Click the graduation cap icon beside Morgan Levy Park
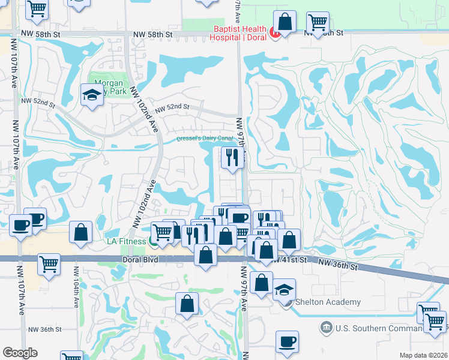pyautogui.click(x=91, y=95)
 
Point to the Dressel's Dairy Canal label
pyautogui.click(x=205, y=139)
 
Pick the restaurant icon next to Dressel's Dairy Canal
pyautogui.click(x=232, y=158)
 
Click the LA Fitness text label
pyautogui.click(x=127, y=241)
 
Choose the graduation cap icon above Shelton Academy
pyautogui.click(x=284, y=290)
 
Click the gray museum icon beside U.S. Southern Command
pyautogui.click(x=326, y=328)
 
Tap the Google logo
pyautogui.click(x=20, y=353)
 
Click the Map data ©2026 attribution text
pyautogui.click(x=424, y=355)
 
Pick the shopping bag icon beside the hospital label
pyautogui.click(x=285, y=23)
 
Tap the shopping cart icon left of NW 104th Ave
pyautogui.click(x=49, y=263)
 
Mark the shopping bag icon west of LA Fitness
pyautogui.click(x=80, y=232)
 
